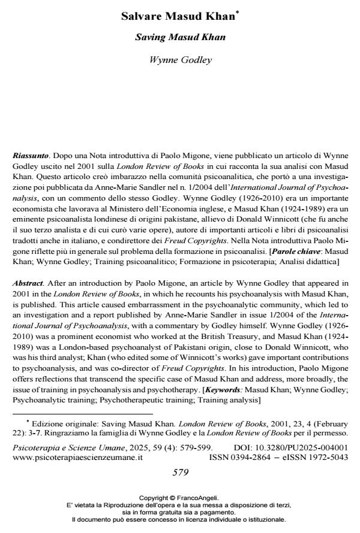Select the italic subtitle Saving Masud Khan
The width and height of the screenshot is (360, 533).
click(x=180, y=38)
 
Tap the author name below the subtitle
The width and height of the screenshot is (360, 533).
click(x=180, y=59)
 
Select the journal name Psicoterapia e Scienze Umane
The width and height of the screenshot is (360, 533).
click(x=70, y=447)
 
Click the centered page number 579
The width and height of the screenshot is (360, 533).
click(x=180, y=472)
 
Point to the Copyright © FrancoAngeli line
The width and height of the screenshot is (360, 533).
click(x=179, y=498)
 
